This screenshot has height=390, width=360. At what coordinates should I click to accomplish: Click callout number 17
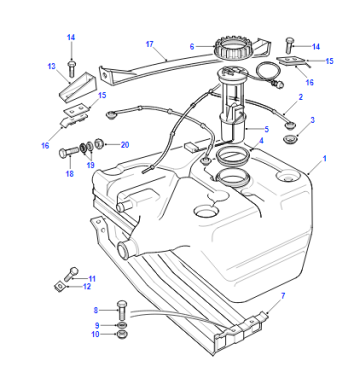point(150,44)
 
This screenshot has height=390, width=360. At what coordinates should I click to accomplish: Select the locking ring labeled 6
point(231,48)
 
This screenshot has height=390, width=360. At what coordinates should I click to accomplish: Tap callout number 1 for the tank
point(325,159)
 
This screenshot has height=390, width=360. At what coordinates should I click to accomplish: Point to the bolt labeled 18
point(69,153)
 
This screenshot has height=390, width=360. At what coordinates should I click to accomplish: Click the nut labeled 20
point(99,144)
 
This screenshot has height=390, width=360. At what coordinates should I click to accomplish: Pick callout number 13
point(51,66)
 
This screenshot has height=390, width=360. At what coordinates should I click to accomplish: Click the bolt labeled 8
point(122,310)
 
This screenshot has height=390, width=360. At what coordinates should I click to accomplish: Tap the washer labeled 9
point(122,325)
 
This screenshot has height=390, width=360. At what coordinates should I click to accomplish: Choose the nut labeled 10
point(122,334)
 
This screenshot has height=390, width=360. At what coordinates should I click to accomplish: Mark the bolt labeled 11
point(72,274)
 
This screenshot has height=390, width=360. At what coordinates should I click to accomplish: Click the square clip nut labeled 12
point(60,285)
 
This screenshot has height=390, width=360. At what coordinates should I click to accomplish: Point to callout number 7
point(283,295)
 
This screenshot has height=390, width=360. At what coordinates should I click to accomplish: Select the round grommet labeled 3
point(289,139)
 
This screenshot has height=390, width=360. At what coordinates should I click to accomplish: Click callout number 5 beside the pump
point(266,129)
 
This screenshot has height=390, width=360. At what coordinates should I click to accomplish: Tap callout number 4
point(261,141)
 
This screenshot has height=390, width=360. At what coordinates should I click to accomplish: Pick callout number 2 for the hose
point(300,97)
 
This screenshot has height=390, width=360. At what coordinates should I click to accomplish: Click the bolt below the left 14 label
point(72,69)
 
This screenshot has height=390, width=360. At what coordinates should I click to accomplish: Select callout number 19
point(90,165)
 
